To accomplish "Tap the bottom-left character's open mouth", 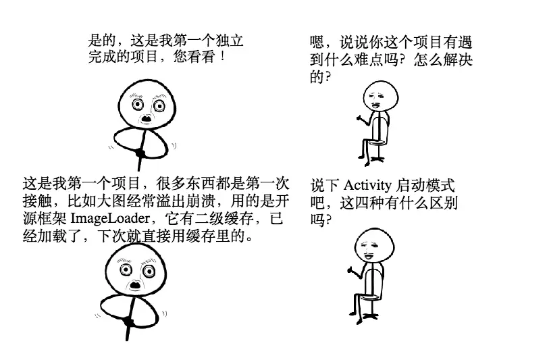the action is (135, 284).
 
